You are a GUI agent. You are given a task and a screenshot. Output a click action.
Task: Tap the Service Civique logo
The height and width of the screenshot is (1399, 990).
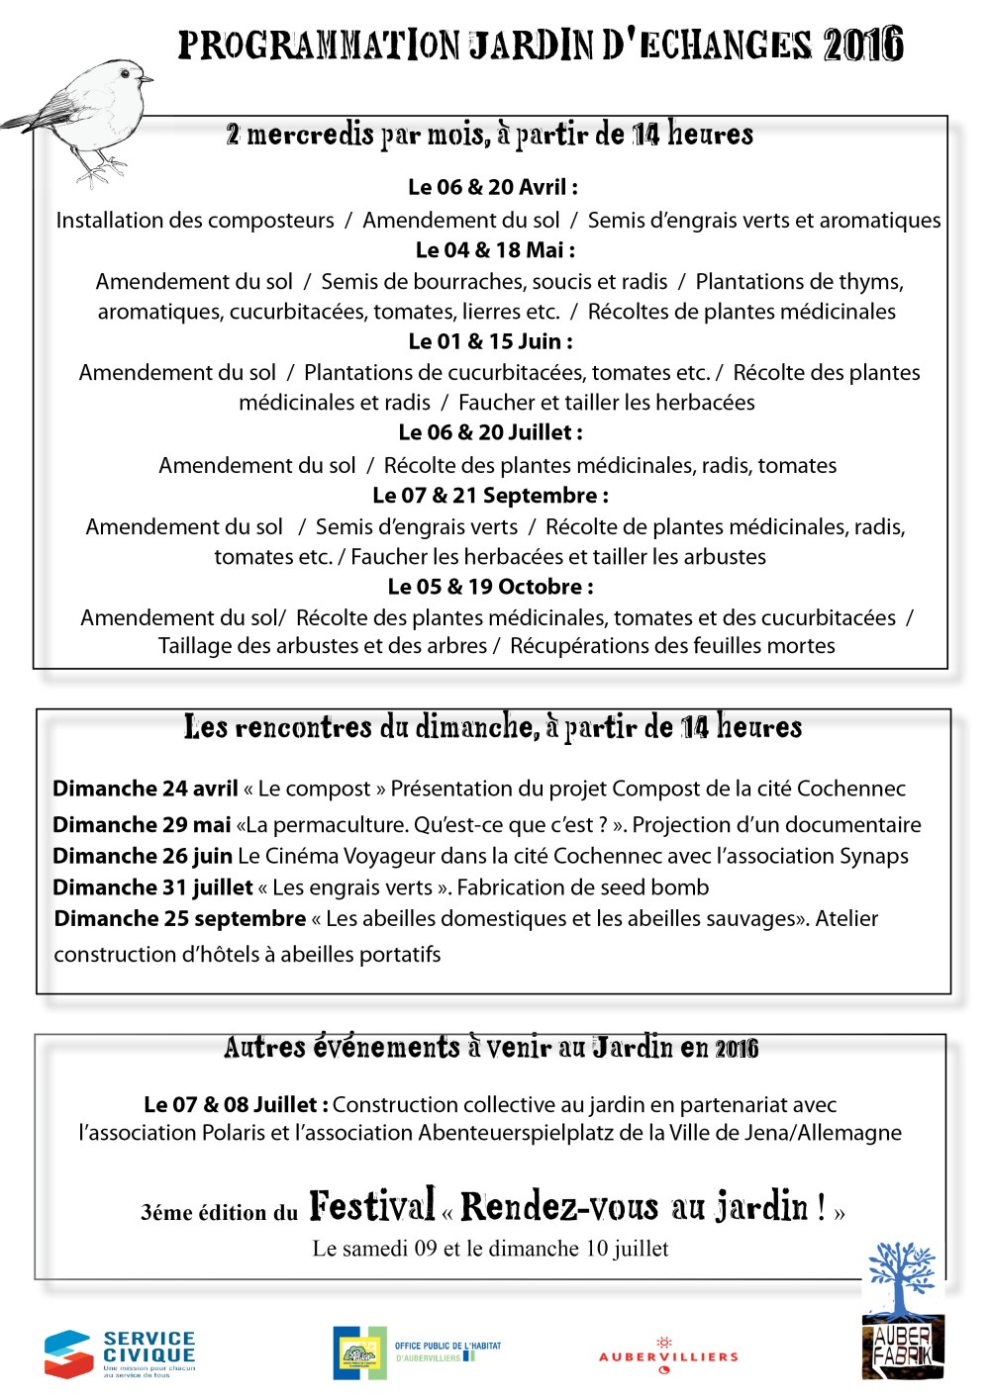(x=119, y=1353)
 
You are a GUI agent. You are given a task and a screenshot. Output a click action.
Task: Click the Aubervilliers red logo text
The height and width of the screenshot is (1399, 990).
(x=668, y=1356)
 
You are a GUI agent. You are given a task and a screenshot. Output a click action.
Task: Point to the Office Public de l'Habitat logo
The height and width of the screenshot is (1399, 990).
(x=416, y=1352)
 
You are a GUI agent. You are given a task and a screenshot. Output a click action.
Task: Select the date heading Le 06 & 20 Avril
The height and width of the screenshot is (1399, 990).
(x=492, y=187)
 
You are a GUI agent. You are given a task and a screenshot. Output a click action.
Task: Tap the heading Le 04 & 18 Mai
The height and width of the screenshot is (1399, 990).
(x=495, y=250)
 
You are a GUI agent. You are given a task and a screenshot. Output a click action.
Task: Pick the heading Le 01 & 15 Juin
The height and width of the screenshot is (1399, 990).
(x=490, y=341)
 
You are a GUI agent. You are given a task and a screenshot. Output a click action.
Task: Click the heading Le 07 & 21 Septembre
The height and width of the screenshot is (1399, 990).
(x=490, y=496)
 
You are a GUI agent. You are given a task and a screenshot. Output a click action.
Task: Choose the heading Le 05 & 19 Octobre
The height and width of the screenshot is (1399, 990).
(x=490, y=587)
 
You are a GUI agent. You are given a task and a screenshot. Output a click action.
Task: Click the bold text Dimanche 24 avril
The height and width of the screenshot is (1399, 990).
(x=146, y=789)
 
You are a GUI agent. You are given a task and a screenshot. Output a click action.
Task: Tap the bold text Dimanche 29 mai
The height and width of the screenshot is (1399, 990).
(x=142, y=825)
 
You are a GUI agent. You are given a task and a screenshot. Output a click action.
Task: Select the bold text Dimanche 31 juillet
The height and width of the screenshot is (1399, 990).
(x=152, y=887)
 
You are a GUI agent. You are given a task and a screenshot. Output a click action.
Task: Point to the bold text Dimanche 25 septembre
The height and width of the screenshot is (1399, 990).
(x=180, y=919)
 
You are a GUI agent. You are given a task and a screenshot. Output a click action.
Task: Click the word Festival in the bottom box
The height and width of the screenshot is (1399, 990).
(x=371, y=1206)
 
